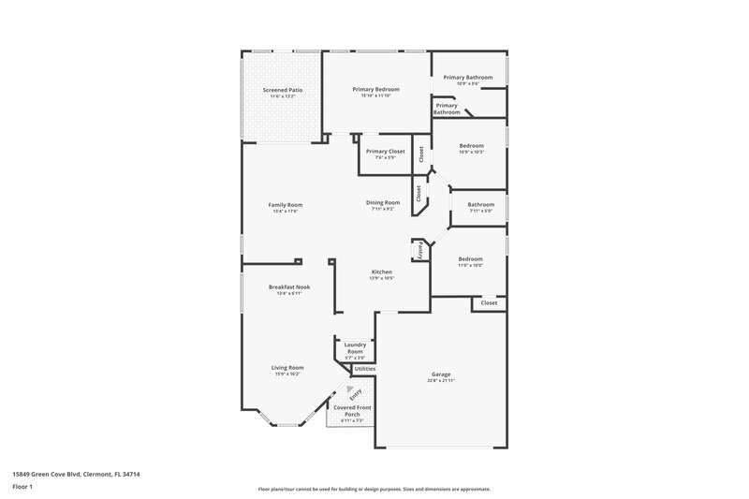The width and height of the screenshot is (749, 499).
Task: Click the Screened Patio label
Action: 282,90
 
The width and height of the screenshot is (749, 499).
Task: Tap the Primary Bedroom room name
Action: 375,89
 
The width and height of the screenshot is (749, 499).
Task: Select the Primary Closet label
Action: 385,151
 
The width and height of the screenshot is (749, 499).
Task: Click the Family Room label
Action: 286,205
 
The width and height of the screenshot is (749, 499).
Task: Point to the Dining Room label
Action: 383,202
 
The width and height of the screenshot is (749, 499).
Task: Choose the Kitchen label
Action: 381,272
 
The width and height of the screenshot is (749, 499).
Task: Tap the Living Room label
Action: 287,368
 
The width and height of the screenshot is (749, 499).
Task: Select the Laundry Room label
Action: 355,347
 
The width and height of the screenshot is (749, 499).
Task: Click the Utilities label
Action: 365,370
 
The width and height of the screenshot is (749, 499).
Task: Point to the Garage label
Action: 441,374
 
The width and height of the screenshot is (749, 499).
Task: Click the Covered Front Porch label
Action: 351,410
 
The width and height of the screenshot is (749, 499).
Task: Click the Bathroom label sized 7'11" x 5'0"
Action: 481,205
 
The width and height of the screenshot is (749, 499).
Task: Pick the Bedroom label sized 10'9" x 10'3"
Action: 471,146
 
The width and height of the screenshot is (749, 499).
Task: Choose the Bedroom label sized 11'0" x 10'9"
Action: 470,259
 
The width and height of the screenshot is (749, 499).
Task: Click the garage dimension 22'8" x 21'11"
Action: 441,381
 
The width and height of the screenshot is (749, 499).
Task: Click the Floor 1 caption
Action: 22,488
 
